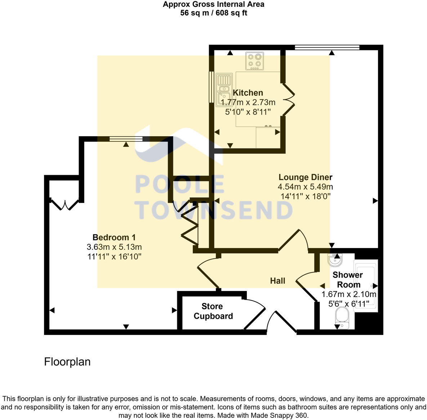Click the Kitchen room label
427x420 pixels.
[248, 93]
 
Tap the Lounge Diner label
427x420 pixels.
[305, 177]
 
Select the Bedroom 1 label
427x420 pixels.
[114, 237]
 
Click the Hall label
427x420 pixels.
[277, 281]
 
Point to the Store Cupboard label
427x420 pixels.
[213, 311]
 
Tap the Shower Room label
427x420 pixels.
[348, 279]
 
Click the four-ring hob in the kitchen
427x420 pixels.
[255, 61]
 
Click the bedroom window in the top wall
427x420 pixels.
[126, 139]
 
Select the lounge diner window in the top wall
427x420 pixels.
[327, 47]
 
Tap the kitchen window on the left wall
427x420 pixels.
[211, 87]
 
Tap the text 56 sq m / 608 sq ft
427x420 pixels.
[213, 13]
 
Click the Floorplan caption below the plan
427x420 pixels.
[67, 362]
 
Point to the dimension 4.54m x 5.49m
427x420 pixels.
[305, 187]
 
